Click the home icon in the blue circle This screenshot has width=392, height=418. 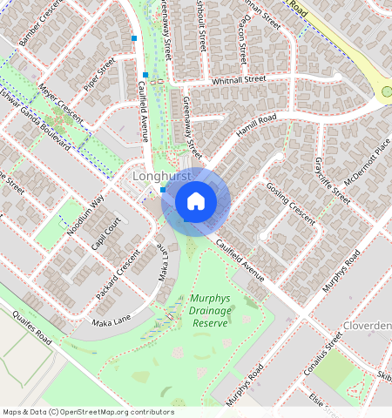[196, 201]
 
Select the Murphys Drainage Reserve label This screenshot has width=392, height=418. [209, 310]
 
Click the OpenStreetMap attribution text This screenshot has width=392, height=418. [88, 412]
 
